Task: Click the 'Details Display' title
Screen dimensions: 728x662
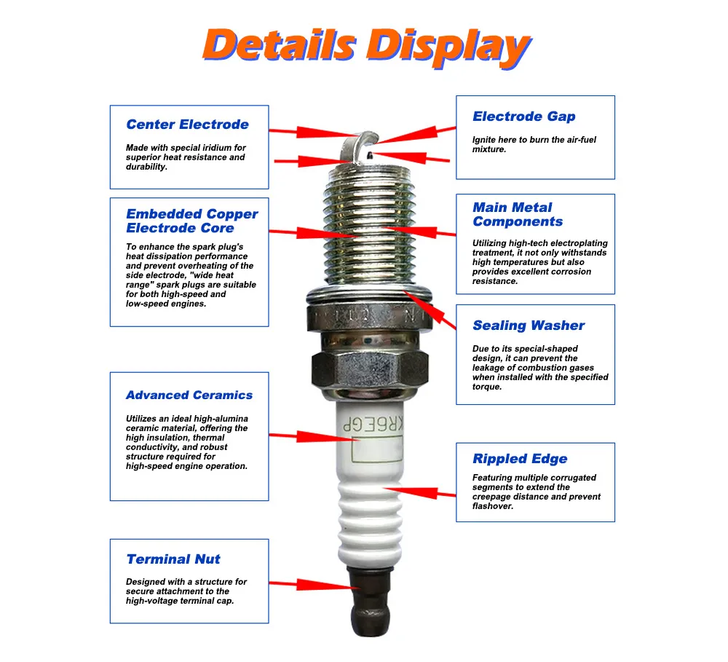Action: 367,47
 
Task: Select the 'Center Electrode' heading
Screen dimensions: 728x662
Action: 188,125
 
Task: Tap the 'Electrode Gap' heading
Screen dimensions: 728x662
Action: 524,117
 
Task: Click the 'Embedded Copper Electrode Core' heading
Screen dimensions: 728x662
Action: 191,221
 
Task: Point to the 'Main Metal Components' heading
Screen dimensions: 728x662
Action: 518,214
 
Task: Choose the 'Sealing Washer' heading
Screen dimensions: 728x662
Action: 529,326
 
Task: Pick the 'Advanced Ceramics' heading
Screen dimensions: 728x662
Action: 189,395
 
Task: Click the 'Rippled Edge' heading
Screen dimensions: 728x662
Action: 520,459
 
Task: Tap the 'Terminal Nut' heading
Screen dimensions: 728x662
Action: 173,559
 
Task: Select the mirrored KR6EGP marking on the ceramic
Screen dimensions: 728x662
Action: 373,424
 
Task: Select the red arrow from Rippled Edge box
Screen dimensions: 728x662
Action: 419,492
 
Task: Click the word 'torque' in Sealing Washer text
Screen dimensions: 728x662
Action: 486,387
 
